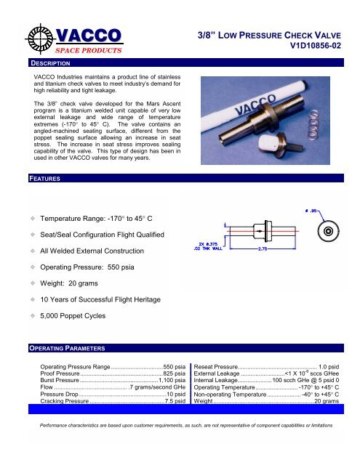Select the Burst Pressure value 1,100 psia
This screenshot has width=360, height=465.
pos(172,380)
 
